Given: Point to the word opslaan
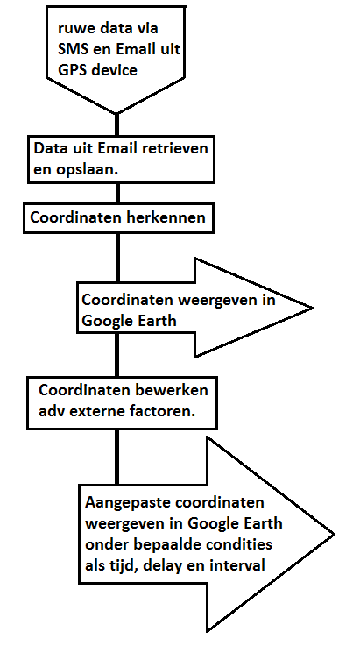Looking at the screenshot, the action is coord(92,170).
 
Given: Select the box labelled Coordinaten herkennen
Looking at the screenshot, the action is coord(118,218).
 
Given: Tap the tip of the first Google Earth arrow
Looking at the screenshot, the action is coord(313,308).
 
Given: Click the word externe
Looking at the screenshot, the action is coord(102,412).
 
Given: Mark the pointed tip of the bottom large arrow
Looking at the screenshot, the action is coord(334,535).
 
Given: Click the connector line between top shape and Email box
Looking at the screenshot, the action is coord(116,124).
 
